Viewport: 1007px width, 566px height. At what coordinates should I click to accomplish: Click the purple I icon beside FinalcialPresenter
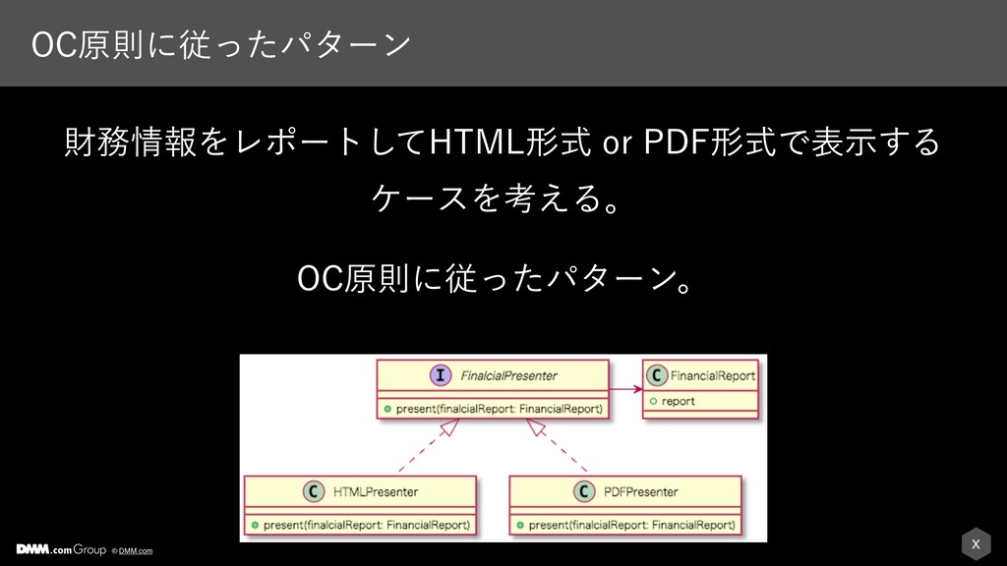[440, 375]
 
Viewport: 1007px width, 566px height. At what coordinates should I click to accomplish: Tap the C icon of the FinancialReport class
[656, 375]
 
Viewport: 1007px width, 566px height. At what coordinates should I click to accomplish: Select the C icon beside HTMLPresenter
[314, 491]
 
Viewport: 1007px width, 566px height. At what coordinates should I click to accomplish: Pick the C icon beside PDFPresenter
[584, 491]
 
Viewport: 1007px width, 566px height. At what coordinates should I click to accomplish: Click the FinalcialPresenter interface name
[508, 376]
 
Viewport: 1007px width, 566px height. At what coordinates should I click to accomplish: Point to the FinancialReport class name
[712, 376]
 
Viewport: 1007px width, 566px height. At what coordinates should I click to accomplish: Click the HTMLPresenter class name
[375, 492]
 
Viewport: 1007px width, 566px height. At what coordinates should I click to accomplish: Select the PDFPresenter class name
[640, 492]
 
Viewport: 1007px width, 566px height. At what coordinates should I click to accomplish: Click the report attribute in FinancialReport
[679, 401]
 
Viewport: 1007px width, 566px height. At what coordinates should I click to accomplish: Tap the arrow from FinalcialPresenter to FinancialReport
[625, 389]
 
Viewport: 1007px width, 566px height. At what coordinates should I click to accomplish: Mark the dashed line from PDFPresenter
[557, 446]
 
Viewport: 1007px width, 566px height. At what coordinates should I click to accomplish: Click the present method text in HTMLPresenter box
[367, 525]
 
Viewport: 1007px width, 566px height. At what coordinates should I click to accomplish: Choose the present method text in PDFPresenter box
[632, 525]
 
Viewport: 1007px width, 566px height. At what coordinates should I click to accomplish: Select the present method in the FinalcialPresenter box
[499, 409]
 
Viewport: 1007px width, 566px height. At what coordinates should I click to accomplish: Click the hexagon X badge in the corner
[976, 544]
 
